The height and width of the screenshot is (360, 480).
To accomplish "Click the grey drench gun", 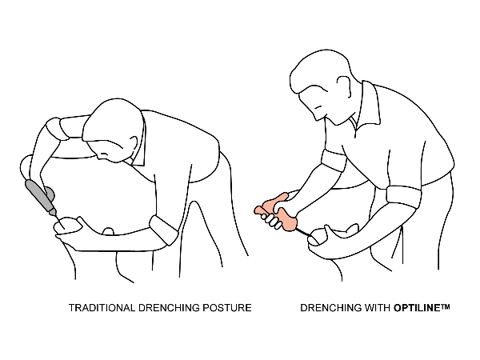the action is tap(41, 197).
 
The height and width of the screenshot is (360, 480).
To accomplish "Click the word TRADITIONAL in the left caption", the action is tap(102, 308).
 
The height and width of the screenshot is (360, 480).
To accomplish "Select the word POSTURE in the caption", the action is tap(227, 308).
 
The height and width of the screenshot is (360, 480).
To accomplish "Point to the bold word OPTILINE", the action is tap(417, 308).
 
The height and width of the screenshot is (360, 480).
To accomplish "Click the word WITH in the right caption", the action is tap(376, 308).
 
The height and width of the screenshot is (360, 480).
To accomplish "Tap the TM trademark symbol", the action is tap(445, 306).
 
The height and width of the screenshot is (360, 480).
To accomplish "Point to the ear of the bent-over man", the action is tap(133, 145).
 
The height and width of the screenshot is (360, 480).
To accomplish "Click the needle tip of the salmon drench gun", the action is tap(310, 236).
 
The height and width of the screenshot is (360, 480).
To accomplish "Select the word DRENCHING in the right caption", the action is tap(330, 308).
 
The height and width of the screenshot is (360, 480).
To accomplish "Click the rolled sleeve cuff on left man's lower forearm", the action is tap(164, 230).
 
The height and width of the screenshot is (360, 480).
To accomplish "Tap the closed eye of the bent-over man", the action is tap(105, 154).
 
